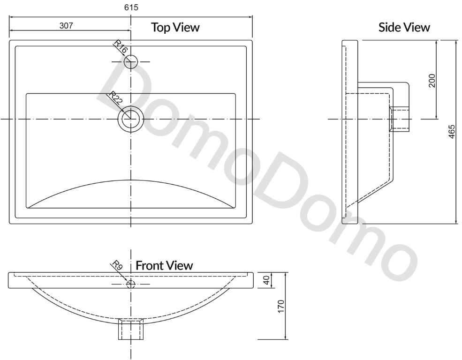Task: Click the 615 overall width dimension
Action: [x=131, y=7]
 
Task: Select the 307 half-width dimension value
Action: [x=66, y=26]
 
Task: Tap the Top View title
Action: [x=175, y=27]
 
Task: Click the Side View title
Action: [x=404, y=27]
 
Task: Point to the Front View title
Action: [x=164, y=266]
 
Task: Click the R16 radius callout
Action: [x=120, y=47]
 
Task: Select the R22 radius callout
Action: [x=116, y=99]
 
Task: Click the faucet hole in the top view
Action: [x=131, y=61]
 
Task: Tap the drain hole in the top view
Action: [x=131, y=119]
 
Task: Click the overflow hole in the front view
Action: [x=131, y=284]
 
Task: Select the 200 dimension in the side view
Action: [x=432, y=80]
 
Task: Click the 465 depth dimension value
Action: [x=451, y=132]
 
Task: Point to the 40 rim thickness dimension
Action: [x=266, y=280]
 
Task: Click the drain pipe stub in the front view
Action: [x=131, y=329]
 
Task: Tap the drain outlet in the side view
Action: [x=399, y=119]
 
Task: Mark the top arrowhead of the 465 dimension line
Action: [x=456, y=42]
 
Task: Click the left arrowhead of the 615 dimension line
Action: [x=12, y=16]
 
